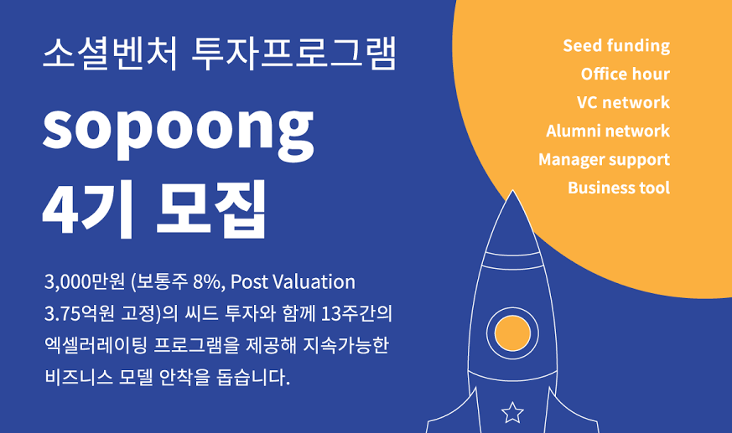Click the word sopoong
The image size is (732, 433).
click(178, 131)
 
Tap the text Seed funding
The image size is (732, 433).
click(616, 46)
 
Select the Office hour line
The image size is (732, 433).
click(626, 74)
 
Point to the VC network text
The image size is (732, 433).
click(623, 102)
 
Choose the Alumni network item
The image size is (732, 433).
click(608, 131)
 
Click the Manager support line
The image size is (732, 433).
click(604, 160)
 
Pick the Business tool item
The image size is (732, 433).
click(619, 188)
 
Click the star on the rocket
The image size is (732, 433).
click(512, 413)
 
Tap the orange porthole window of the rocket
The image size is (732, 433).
click(512, 333)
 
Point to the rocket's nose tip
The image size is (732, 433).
click(512, 190)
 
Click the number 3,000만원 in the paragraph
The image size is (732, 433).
click(85, 282)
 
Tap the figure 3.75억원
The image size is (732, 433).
click(80, 314)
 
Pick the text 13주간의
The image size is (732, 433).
click(356, 314)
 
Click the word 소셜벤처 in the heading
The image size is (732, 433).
click(110, 54)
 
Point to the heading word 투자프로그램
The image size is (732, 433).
click(294, 54)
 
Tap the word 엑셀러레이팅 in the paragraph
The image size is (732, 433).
click(96, 345)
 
